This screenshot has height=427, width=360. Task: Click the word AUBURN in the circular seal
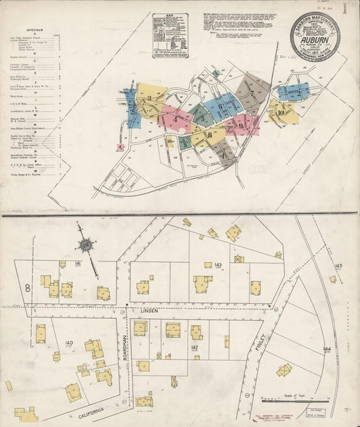click(x=315, y=39)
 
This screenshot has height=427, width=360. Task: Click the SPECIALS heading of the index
click(x=36, y=30)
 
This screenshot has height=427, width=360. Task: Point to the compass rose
click(x=86, y=245)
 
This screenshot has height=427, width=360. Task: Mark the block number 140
click(x=68, y=344)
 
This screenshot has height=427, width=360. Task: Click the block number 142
click(x=195, y=347)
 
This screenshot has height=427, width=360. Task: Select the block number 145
click(x=338, y=266)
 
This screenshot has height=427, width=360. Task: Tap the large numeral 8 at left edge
click(x=28, y=288)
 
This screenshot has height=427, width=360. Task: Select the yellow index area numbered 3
click(x=149, y=99)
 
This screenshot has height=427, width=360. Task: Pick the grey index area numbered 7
click(x=252, y=93)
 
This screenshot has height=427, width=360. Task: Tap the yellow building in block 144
click(x=284, y=370)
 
